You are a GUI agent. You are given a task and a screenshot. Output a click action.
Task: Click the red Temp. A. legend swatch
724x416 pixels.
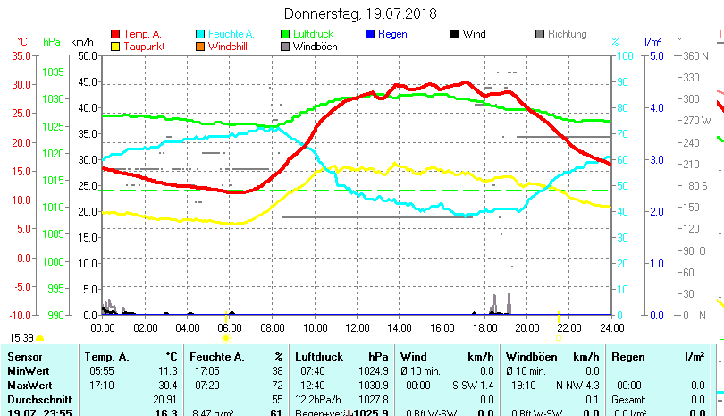click(115, 34)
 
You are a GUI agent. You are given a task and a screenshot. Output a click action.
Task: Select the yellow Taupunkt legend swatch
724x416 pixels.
click(115, 46)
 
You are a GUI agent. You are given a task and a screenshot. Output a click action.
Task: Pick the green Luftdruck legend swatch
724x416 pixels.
click(285, 34)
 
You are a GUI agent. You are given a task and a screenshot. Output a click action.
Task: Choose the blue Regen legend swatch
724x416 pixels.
click(370, 34)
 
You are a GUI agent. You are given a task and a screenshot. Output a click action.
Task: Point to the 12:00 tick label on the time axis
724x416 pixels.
click(357, 328)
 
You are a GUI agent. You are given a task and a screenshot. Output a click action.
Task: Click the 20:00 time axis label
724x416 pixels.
click(526, 328)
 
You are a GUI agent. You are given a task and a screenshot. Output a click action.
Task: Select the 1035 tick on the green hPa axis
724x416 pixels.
click(53, 72)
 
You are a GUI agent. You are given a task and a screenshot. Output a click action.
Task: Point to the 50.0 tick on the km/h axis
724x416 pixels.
click(87, 55)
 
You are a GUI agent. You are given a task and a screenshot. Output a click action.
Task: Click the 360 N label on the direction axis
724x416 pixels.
click(696, 55)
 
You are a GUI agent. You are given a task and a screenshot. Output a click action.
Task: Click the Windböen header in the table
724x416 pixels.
click(533, 357)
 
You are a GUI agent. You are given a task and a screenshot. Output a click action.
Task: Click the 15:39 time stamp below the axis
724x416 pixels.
click(21, 337)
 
